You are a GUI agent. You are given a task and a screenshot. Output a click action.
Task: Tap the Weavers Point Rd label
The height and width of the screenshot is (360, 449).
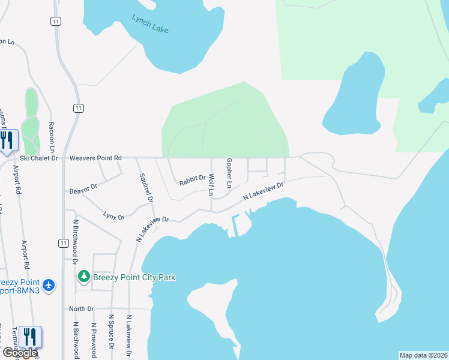[x=95, y=158]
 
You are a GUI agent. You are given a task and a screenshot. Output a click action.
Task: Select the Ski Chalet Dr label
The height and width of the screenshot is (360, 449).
[x=38, y=158]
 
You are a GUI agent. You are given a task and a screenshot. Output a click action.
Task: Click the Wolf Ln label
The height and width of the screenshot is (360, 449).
[x=211, y=185]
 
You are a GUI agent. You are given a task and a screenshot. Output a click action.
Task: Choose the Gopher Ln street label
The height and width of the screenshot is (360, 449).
[x=229, y=172]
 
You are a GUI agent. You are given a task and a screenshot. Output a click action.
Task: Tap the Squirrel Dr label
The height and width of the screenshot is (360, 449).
[x=146, y=188]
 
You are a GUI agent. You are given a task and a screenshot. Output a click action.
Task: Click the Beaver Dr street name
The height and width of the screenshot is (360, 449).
[x=83, y=188]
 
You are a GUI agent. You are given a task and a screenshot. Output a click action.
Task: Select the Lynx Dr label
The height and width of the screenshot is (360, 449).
[x=113, y=215]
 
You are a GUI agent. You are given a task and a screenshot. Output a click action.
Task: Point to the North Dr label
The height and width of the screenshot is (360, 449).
[x=82, y=309]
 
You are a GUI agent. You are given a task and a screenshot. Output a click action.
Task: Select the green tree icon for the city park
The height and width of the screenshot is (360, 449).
[x=84, y=277]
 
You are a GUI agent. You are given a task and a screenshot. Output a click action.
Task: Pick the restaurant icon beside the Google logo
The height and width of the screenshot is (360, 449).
[x=30, y=337]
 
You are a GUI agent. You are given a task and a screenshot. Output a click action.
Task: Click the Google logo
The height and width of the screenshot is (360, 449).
[x=19, y=352]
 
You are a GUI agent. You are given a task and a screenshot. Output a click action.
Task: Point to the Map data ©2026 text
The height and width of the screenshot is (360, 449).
[x=423, y=355]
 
